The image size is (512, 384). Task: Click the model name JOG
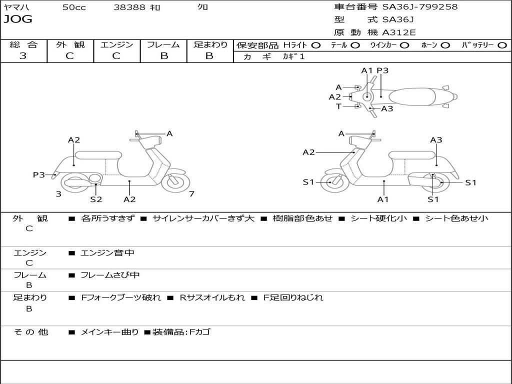[x=18, y=19]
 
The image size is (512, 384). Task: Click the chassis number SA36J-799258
[x=420, y=7]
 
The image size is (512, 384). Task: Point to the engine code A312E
[x=399, y=32]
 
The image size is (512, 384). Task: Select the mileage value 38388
[x=130, y=7]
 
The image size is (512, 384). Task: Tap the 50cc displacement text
[x=74, y=7]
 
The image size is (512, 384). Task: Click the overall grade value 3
[x=23, y=56]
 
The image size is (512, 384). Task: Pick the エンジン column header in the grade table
[x=117, y=44]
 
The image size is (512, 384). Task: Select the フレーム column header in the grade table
[x=163, y=44]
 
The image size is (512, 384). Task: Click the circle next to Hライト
[x=316, y=45]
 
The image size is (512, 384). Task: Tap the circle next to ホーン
[x=445, y=45]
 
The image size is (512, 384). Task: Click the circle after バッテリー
[x=502, y=45]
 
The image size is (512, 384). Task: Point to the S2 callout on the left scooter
[x=96, y=199]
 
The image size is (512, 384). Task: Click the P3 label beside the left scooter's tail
[x=39, y=174]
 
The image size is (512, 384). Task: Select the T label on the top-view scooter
[x=338, y=106]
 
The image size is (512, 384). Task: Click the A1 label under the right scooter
[x=383, y=199]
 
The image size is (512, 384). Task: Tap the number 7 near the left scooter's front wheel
[x=191, y=194]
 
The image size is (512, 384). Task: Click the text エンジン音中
[x=107, y=253]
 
